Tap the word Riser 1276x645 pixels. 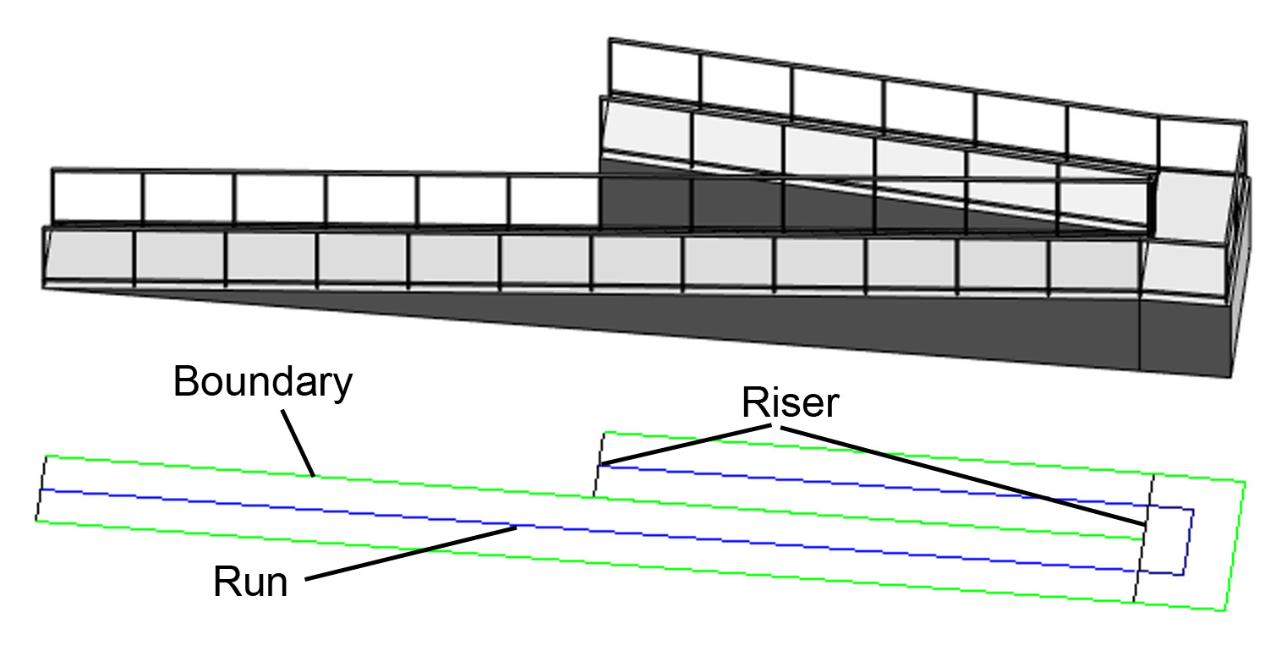pos(790,402)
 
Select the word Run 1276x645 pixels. pos(250,582)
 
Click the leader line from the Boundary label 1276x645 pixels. pos(298,443)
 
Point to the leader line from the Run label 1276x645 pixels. pos(411,554)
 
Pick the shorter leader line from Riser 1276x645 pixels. pos(686,444)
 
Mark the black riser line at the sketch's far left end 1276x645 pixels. pos(41,488)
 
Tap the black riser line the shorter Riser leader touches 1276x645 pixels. pos(598,464)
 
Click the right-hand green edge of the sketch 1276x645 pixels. pos(1235,546)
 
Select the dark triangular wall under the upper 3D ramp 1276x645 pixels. pos(826,200)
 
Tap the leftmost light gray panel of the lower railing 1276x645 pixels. pos(90,255)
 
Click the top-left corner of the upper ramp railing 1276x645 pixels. pos(609,39)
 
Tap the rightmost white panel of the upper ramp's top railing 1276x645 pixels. pos(1201,145)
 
